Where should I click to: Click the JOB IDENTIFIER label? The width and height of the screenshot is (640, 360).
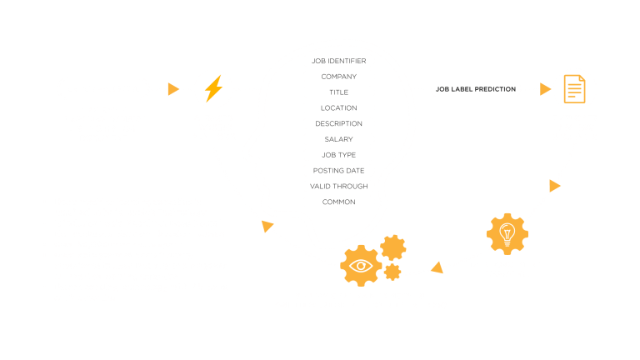coord(339,61)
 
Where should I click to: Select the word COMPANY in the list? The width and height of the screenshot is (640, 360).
coord(339,77)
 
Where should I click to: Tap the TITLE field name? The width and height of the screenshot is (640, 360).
coord(339,92)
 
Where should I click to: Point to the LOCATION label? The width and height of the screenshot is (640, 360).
coord(339,108)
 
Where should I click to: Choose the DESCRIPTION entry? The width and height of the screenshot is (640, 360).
coord(339,123)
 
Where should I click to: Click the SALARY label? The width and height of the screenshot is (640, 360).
coord(339,139)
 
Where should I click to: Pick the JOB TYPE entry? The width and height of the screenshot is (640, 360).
coord(339,155)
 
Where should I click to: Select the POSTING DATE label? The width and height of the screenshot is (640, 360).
coord(339,171)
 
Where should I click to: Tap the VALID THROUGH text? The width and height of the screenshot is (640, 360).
coord(339,186)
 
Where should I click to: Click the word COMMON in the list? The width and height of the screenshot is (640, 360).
coord(339,202)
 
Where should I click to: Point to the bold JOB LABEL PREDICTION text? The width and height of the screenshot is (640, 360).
coord(476,89)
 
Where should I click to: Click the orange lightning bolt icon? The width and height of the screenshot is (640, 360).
coord(213,88)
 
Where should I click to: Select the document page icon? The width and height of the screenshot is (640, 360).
coord(575,89)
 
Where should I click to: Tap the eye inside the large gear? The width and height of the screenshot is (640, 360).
coord(361,266)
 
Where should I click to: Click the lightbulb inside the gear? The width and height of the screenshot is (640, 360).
coord(507,235)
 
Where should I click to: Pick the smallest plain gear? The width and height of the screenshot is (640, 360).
coord(392,272)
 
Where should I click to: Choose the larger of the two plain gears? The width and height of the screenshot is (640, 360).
coord(393,247)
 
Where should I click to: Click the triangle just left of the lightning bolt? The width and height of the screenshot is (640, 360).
coord(173,89)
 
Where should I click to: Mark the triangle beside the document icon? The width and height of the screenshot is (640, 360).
coord(545,89)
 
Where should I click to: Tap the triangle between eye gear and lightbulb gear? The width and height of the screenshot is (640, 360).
coord(437,267)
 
